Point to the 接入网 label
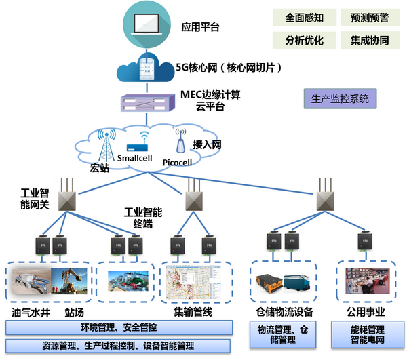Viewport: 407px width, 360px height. (x=208, y=144)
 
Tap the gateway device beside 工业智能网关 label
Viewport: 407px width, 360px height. (x=65, y=197)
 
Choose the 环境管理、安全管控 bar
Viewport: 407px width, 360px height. (x=119, y=327)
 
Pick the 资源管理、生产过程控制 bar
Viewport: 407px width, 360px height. (x=119, y=345)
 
